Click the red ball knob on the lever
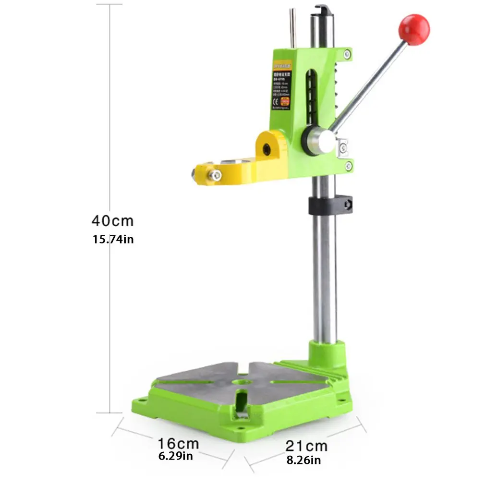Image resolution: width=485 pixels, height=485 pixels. coord(414,30)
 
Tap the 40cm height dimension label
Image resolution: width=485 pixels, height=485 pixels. coord(112,221)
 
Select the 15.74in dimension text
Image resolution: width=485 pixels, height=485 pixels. coord(113,239)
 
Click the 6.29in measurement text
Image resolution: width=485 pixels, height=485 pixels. coord(176,455)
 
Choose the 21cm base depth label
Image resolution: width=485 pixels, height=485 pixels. coord(306,446)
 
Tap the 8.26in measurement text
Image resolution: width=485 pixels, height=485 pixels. coord(304,461)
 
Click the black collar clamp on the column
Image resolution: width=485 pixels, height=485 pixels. coord(330,206)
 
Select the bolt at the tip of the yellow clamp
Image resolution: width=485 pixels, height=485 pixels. coord(216,176)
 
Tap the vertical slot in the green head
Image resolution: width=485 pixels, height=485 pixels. coord(313,96)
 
